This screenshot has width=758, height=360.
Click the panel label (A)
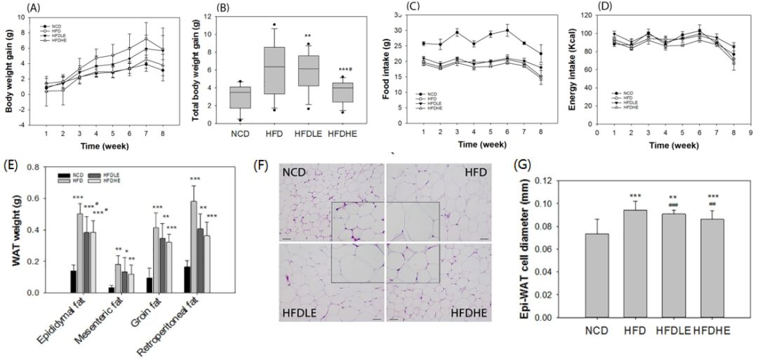click(x=15, y=8)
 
